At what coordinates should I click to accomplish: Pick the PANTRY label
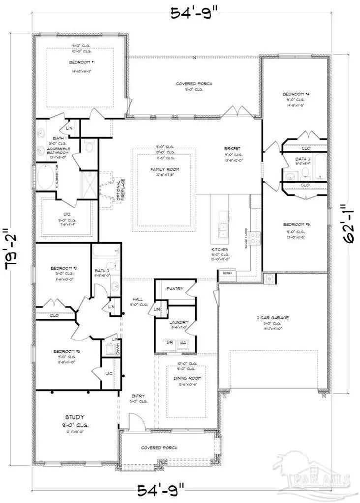(x=175, y=289)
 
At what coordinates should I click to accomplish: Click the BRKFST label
(x=230, y=148)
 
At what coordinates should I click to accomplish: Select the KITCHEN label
(x=219, y=250)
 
